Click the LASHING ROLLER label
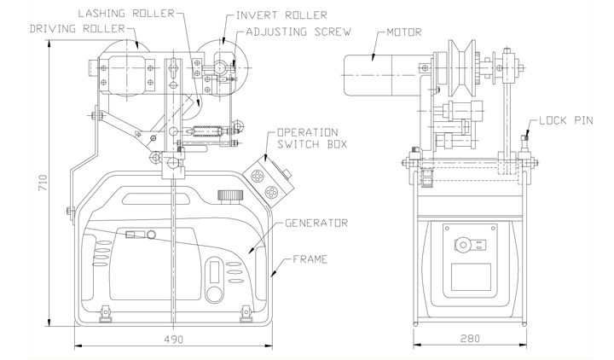[x=126, y=14]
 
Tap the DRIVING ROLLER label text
[x=77, y=29]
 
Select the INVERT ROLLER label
[x=281, y=15]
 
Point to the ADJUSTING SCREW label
[x=298, y=32]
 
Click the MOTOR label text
[x=404, y=32]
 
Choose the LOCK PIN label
[x=566, y=120]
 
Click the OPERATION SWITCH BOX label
[x=312, y=138]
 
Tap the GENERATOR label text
[x=316, y=223]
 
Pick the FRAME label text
[x=310, y=259]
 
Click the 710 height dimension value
[x=43, y=183]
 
